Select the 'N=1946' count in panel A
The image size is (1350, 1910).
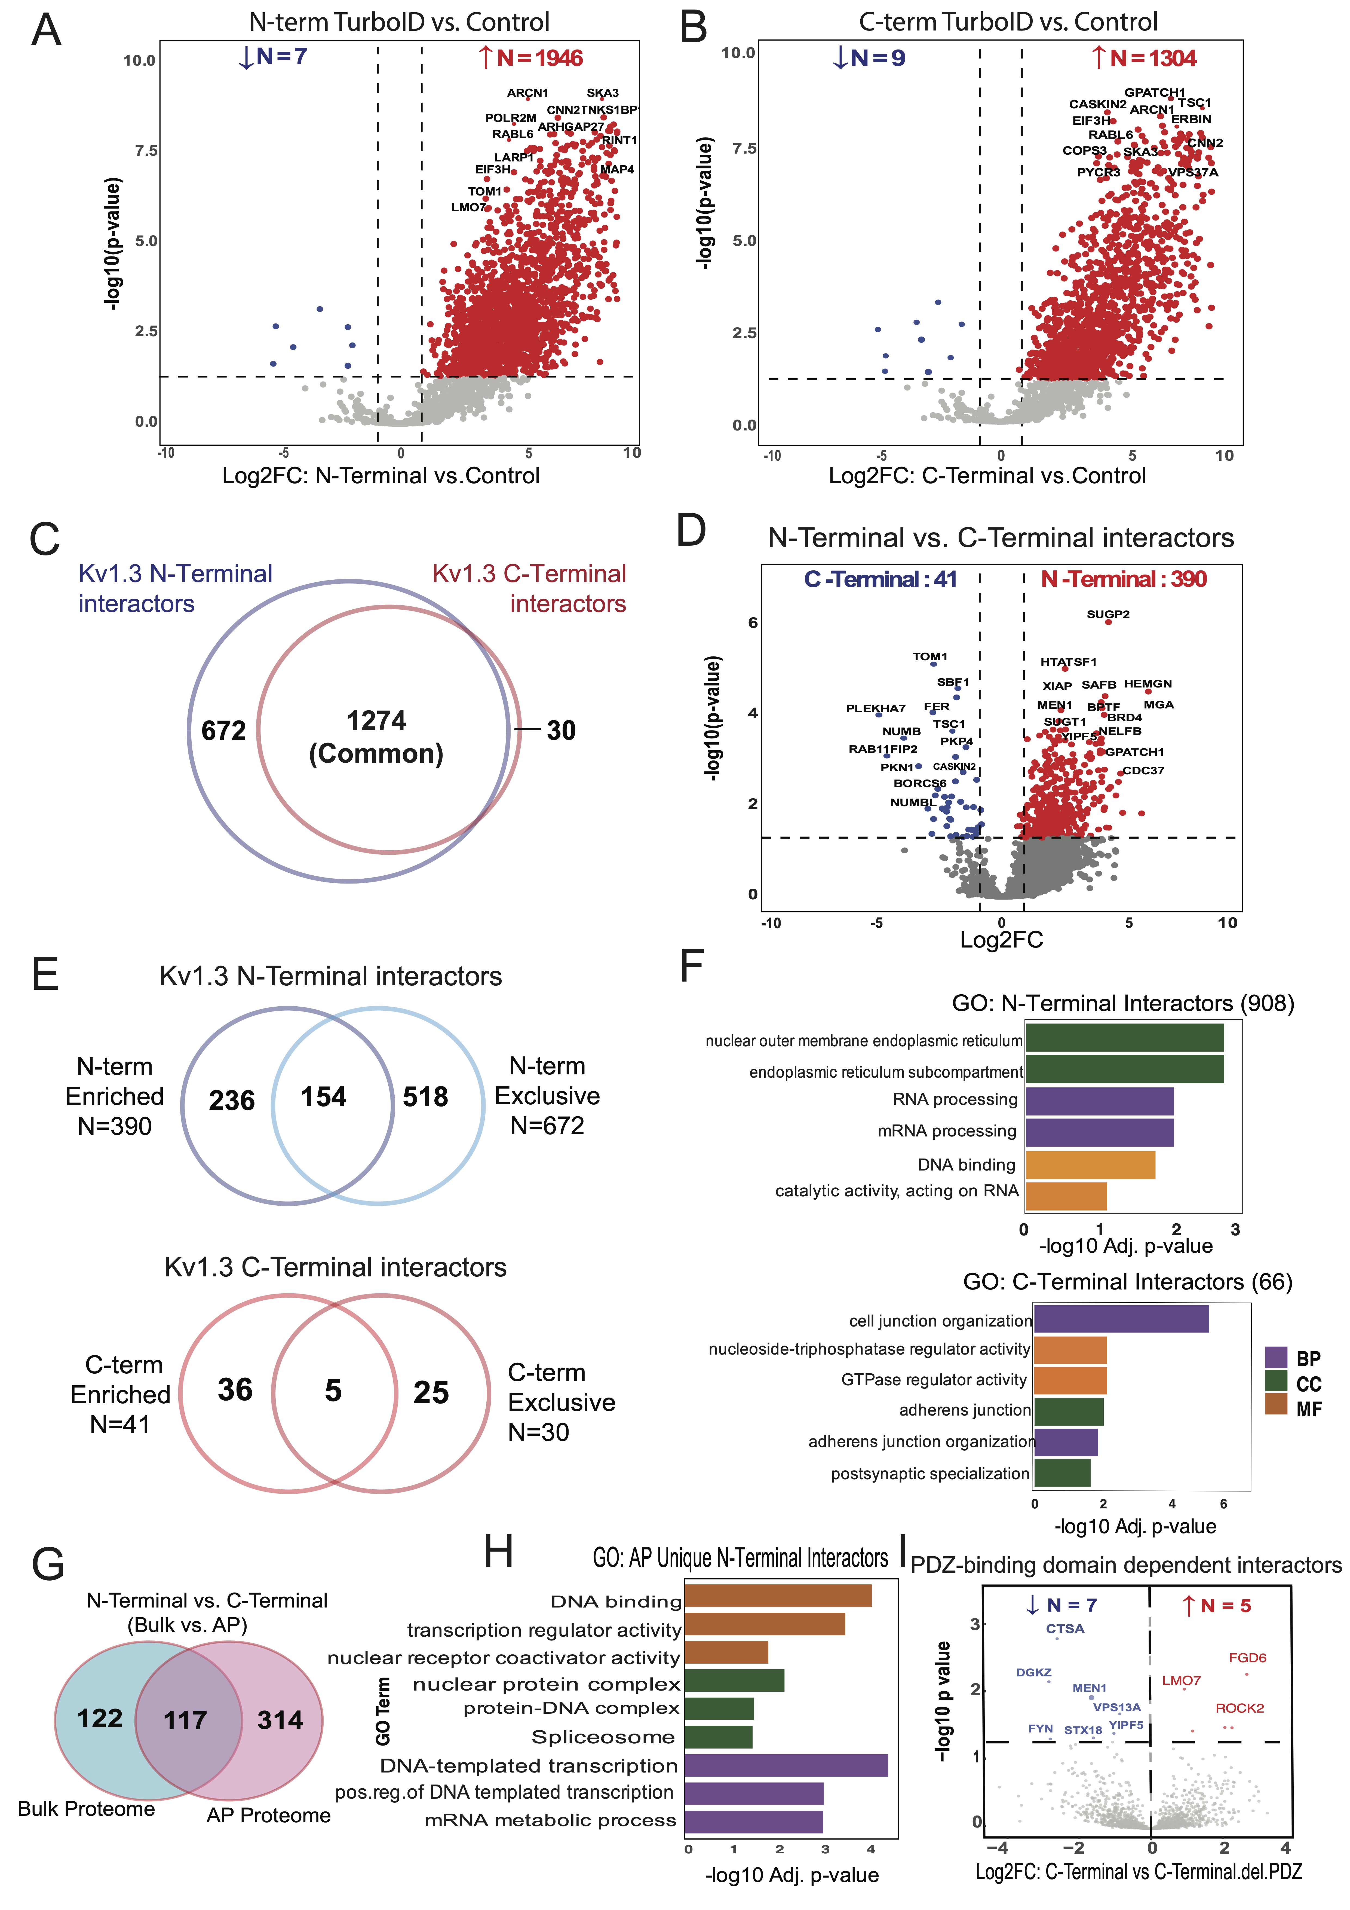point(539,58)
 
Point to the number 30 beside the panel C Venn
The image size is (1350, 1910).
point(561,731)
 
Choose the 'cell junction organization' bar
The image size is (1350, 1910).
point(1121,1319)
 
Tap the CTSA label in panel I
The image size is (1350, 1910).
point(1065,1629)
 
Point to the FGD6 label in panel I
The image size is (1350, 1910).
point(1247,1658)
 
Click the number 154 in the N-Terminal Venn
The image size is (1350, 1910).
point(324,1097)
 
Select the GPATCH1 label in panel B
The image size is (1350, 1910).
point(1155,92)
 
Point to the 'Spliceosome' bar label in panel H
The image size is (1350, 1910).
point(603,1738)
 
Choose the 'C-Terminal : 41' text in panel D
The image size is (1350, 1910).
point(880,580)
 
